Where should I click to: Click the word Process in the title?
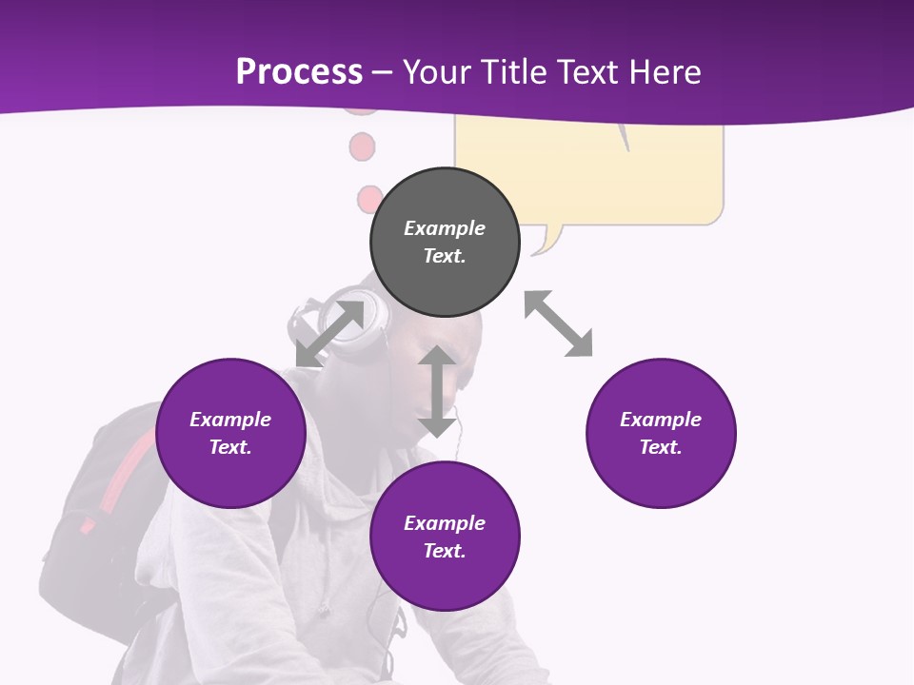tap(299, 71)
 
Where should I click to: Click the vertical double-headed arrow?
tap(437, 392)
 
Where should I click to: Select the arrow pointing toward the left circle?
tap(328, 334)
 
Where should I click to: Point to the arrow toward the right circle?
tap(558, 323)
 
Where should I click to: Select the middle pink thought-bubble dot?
tap(362, 147)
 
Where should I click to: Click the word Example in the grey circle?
tap(445, 228)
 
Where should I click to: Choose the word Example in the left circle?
tap(230, 420)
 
